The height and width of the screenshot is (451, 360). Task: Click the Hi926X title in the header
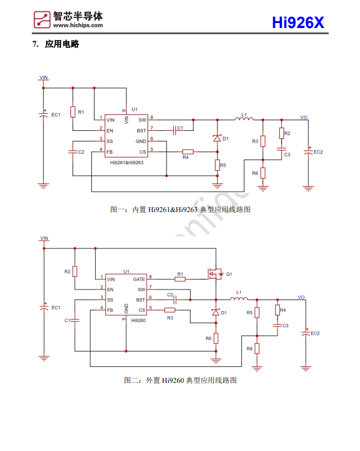click(x=298, y=23)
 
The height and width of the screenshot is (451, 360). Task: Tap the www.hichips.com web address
click(x=78, y=25)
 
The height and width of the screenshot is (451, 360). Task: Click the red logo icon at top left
click(x=42, y=19)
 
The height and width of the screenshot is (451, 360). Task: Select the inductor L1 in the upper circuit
click(x=244, y=119)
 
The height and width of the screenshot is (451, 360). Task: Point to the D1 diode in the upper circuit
click(x=217, y=138)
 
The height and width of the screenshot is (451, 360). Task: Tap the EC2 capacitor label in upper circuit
click(x=318, y=152)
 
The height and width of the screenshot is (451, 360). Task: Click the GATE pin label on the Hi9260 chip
click(x=139, y=279)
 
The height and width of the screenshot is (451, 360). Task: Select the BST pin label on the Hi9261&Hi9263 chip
click(x=141, y=131)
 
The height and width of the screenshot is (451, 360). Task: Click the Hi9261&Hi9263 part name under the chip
click(x=126, y=163)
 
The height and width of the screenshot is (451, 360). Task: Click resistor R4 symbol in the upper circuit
click(x=188, y=152)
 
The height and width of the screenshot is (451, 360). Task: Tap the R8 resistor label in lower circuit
click(x=249, y=348)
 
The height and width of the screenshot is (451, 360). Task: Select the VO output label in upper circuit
click(x=303, y=116)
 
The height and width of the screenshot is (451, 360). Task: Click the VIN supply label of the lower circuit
click(x=44, y=238)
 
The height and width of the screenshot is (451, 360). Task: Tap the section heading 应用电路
click(x=62, y=44)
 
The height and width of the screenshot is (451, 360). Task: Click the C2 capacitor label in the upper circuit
click(x=81, y=152)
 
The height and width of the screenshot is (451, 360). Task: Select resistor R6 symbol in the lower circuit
click(x=216, y=338)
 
